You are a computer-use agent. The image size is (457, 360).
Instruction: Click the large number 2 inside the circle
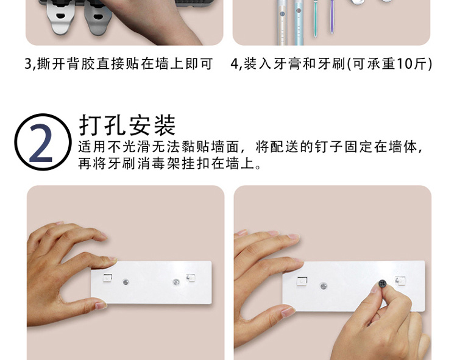pyautogui.click(x=41, y=143)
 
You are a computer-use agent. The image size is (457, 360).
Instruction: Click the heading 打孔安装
pyautogui.click(x=127, y=125)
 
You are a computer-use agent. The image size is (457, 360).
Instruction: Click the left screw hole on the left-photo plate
pyautogui.click(x=126, y=282)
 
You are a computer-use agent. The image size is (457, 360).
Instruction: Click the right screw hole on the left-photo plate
pyautogui.click(x=176, y=281)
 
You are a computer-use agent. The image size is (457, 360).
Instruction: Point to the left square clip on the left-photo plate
pyautogui.click(x=107, y=278)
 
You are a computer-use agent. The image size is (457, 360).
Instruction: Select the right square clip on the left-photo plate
pyautogui.click(x=191, y=278)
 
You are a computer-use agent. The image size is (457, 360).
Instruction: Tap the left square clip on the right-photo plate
pyautogui.click(x=302, y=281)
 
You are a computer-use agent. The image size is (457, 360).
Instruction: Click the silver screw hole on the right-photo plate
pyautogui.click(x=324, y=286)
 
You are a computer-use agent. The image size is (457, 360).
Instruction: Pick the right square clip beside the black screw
pyautogui.click(x=400, y=280)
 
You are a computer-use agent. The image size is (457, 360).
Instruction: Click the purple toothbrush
pyautogui.click(x=332, y=16)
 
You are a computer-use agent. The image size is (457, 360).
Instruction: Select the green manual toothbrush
pyautogui.click(x=316, y=18)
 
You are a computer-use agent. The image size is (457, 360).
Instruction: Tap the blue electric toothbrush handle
pyautogui.click(x=298, y=23)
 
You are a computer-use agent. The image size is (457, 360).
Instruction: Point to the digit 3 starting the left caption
pyautogui.click(x=28, y=64)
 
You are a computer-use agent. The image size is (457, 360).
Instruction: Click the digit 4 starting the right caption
pyautogui.click(x=235, y=64)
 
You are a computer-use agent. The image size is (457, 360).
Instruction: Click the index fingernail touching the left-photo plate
pyautogui.click(x=113, y=259)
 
